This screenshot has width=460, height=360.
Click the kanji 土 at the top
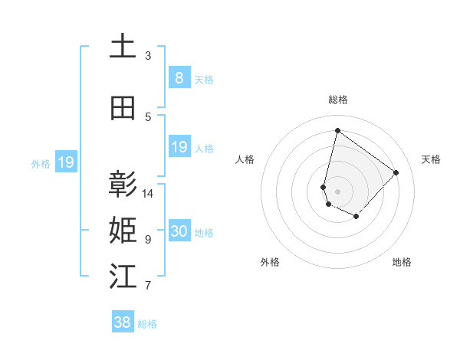tap(123, 47)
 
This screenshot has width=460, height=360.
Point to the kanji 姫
tap(123, 231)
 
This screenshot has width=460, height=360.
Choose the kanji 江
tap(123, 277)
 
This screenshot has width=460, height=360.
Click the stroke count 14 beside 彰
tap(149, 194)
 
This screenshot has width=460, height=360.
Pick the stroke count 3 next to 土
tap(148, 56)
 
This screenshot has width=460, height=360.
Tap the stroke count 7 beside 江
tap(148, 286)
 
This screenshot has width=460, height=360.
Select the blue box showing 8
tap(179, 77)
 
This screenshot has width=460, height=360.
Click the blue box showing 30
tap(179, 231)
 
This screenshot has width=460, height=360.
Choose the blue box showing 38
tap(123, 322)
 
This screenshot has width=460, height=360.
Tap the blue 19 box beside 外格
tap(66, 162)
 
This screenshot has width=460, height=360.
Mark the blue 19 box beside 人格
tap(179, 146)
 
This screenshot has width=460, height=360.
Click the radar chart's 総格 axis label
tap(337, 100)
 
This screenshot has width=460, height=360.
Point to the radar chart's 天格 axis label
tap(431, 159)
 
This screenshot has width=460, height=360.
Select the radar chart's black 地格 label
tap(402, 263)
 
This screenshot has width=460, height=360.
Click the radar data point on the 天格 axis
tap(396, 172)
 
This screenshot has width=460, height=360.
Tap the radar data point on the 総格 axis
tap(337, 129)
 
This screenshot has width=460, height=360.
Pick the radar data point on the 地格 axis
tap(356, 217)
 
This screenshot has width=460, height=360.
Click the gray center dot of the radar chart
tap(337, 191)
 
